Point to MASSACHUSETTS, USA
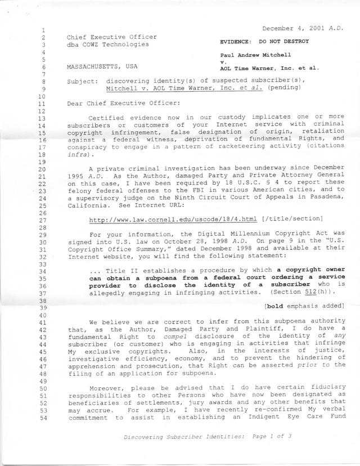point(102,66)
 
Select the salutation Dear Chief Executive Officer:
point(121,103)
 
